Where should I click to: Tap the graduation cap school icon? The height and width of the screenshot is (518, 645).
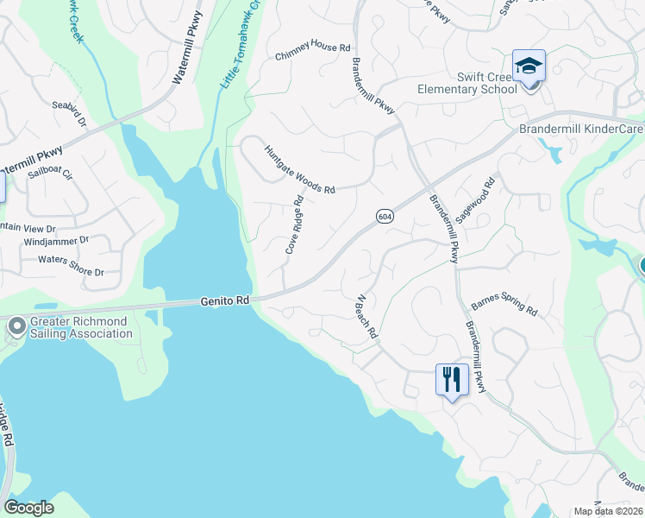(529, 65)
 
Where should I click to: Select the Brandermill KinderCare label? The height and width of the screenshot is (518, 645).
(580, 129)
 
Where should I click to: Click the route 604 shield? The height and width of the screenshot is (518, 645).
(385, 216)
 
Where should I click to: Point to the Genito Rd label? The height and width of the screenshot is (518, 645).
(224, 301)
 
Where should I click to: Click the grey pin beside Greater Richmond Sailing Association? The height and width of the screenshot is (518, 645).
(16, 326)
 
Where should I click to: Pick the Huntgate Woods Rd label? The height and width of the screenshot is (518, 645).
(298, 168)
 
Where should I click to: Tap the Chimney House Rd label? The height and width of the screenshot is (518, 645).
(313, 54)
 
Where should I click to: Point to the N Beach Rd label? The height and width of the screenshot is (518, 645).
(367, 317)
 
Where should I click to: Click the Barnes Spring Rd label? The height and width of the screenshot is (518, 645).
(504, 308)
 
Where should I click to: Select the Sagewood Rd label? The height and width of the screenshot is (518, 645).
(475, 197)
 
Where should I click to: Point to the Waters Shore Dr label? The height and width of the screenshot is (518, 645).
(71, 259)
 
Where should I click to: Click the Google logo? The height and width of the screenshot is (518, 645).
(28, 508)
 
